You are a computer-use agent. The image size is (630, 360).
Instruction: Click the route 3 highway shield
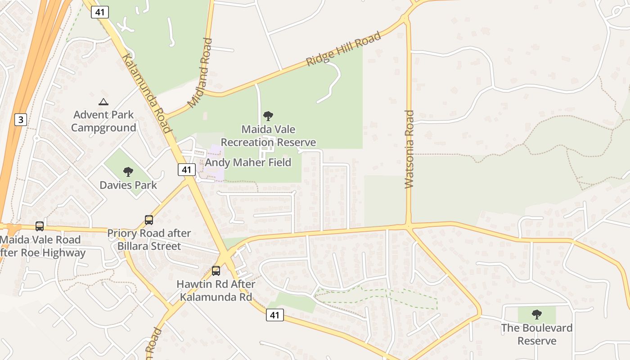(21, 120)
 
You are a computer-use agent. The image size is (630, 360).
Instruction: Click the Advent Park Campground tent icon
(103, 102)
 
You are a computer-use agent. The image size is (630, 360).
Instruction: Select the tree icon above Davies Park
(128, 172)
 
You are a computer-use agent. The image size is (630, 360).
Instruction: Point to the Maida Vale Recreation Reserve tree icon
(268, 116)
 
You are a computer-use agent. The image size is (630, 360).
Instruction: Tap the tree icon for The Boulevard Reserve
(536, 314)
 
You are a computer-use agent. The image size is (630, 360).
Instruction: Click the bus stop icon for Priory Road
(149, 220)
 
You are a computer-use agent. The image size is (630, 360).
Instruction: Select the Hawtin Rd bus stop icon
(216, 271)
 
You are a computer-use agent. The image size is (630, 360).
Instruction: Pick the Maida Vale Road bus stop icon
(40, 226)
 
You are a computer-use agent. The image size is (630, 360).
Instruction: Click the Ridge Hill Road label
(343, 49)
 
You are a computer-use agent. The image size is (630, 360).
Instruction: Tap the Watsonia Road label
(409, 149)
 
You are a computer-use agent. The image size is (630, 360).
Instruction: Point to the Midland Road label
(200, 73)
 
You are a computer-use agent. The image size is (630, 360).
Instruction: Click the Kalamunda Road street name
(147, 94)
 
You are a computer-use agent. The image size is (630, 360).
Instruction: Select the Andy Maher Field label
(248, 162)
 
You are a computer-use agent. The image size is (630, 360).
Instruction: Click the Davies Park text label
(128, 185)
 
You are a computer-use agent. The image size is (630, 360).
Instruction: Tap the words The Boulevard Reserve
(536, 334)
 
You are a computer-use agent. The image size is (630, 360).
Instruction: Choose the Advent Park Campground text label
(103, 121)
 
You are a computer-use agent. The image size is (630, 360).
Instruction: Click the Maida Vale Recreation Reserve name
(268, 136)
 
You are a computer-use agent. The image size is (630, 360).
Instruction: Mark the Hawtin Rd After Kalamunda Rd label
(216, 291)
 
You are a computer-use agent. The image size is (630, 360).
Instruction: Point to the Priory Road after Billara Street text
(149, 240)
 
